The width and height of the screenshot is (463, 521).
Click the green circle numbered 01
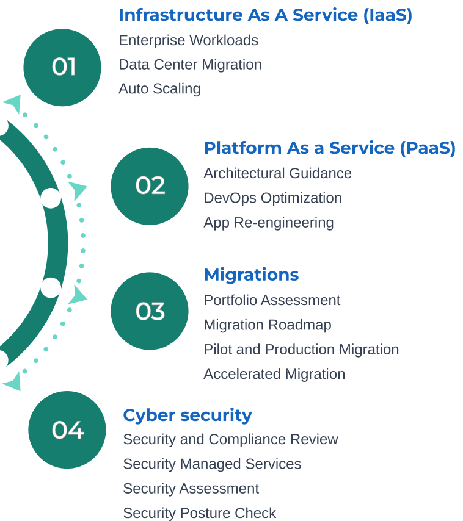coord(62,67)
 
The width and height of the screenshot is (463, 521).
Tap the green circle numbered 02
coord(150,186)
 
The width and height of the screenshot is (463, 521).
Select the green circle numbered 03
coord(150,311)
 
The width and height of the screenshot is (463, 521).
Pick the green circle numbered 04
coord(67,430)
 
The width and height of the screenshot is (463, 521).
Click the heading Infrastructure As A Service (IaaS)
coord(265,15)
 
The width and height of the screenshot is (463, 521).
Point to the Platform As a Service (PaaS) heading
coord(329,148)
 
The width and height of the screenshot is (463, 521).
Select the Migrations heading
coord(251,275)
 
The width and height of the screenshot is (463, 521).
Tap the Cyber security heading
coord(188,415)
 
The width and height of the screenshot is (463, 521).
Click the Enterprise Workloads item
coord(188,40)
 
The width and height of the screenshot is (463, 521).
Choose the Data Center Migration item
coord(190,65)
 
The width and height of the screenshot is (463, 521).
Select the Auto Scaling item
coord(159,89)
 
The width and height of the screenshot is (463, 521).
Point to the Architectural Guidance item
coord(277,173)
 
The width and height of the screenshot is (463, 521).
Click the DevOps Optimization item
coord(272,198)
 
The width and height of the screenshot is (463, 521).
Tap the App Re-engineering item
coord(269,223)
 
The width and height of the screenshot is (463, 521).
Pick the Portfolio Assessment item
coord(272,300)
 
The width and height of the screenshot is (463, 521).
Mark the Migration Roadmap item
coord(268,325)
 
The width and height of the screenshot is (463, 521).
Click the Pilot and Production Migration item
coord(301,350)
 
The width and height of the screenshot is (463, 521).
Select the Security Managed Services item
coord(212,464)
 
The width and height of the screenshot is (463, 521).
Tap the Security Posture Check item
coord(200,513)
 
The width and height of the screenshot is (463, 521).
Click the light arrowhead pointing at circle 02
coord(78,189)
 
